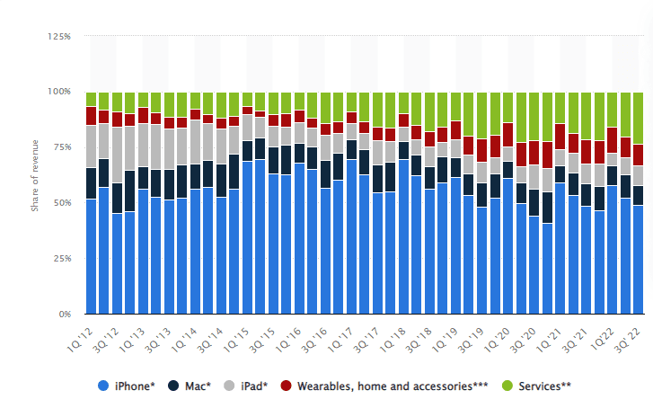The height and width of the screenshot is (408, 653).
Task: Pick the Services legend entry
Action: (x=540, y=386)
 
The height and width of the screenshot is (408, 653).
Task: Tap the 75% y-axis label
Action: (x=60, y=147)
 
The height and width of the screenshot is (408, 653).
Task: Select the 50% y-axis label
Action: (x=60, y=203)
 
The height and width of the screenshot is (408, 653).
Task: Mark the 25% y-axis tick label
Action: (x=60, y=259)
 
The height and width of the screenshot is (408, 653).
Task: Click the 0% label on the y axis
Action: (x=63, y=315)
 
